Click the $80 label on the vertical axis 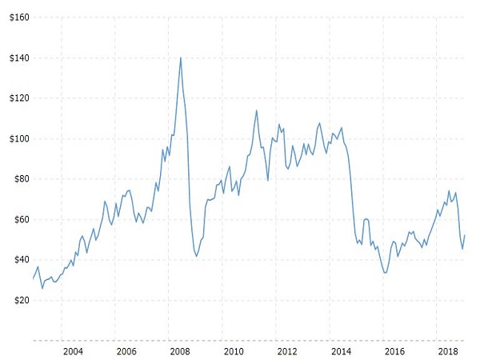(18, 179)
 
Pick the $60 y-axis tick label (18, 219)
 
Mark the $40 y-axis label (18, 260)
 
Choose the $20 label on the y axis (18, 300)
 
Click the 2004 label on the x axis (73, 351)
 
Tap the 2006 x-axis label (126, 351)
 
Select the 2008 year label (180, 351)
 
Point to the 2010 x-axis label (234, 351)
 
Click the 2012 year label (287, 351)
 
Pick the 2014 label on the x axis (341, 351)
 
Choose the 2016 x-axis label (394, 351)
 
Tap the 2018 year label (448, 351)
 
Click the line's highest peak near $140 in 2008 (181, 58)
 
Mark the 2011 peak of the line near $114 (257, 110)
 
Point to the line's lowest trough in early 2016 (386, 273)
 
